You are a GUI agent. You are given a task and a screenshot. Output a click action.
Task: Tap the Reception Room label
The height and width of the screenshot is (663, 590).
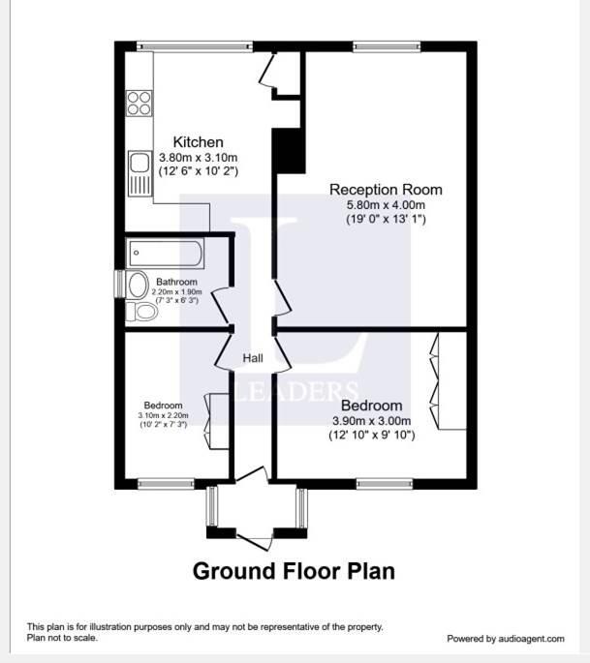pos(386,189)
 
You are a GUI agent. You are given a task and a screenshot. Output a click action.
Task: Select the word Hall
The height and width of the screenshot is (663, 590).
pos(253,359)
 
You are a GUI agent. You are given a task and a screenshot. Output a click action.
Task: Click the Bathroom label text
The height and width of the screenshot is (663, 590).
pos(177,283)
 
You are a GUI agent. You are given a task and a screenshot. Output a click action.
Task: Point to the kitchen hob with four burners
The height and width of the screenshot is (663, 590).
pos(139,102)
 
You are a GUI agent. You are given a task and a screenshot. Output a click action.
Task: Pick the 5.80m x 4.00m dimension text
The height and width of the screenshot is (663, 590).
pos(386,205)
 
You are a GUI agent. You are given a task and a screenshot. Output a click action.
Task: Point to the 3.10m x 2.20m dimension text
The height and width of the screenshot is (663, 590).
pos(163,416)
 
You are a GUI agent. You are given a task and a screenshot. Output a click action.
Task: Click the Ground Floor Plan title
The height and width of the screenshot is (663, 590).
pos(294,570)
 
